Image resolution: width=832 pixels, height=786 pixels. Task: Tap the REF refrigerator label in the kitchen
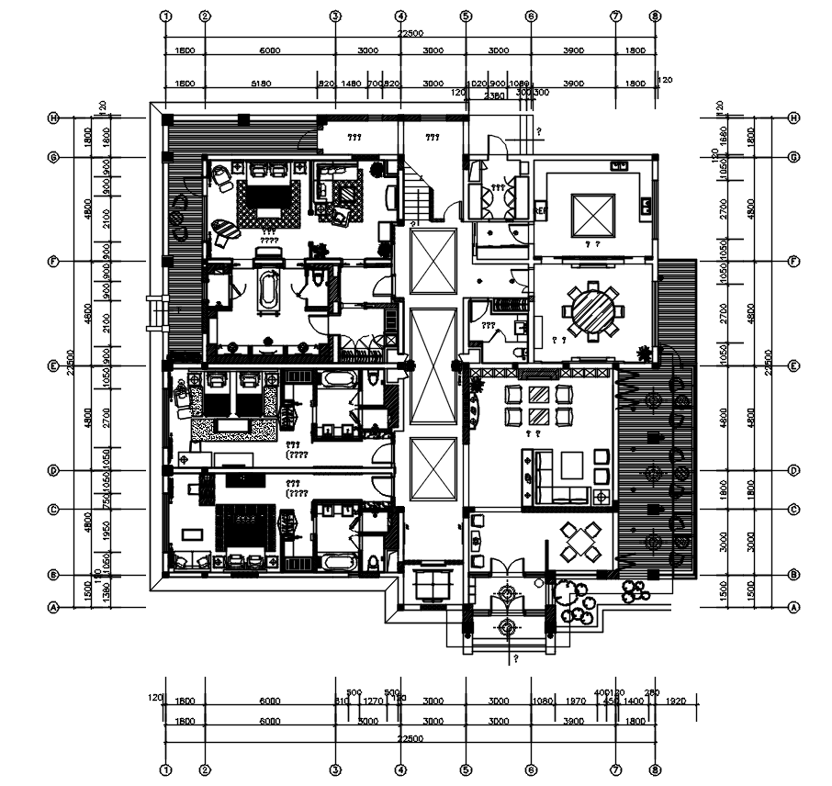[x=540, y=210]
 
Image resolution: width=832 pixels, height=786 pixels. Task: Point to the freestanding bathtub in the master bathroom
[x=269, y=291]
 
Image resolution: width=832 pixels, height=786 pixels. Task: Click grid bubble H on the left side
[x=54, y=118]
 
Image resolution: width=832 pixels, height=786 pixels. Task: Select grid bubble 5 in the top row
[x=466, y=17]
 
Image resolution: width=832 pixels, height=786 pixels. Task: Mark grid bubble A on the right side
[x=793, y=607]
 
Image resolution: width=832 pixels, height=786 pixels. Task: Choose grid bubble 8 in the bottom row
[x=654, y=769]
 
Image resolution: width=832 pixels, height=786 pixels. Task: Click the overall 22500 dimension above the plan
[x=410, y=33]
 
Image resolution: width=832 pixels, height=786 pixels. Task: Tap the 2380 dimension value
[x=495, y=95]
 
